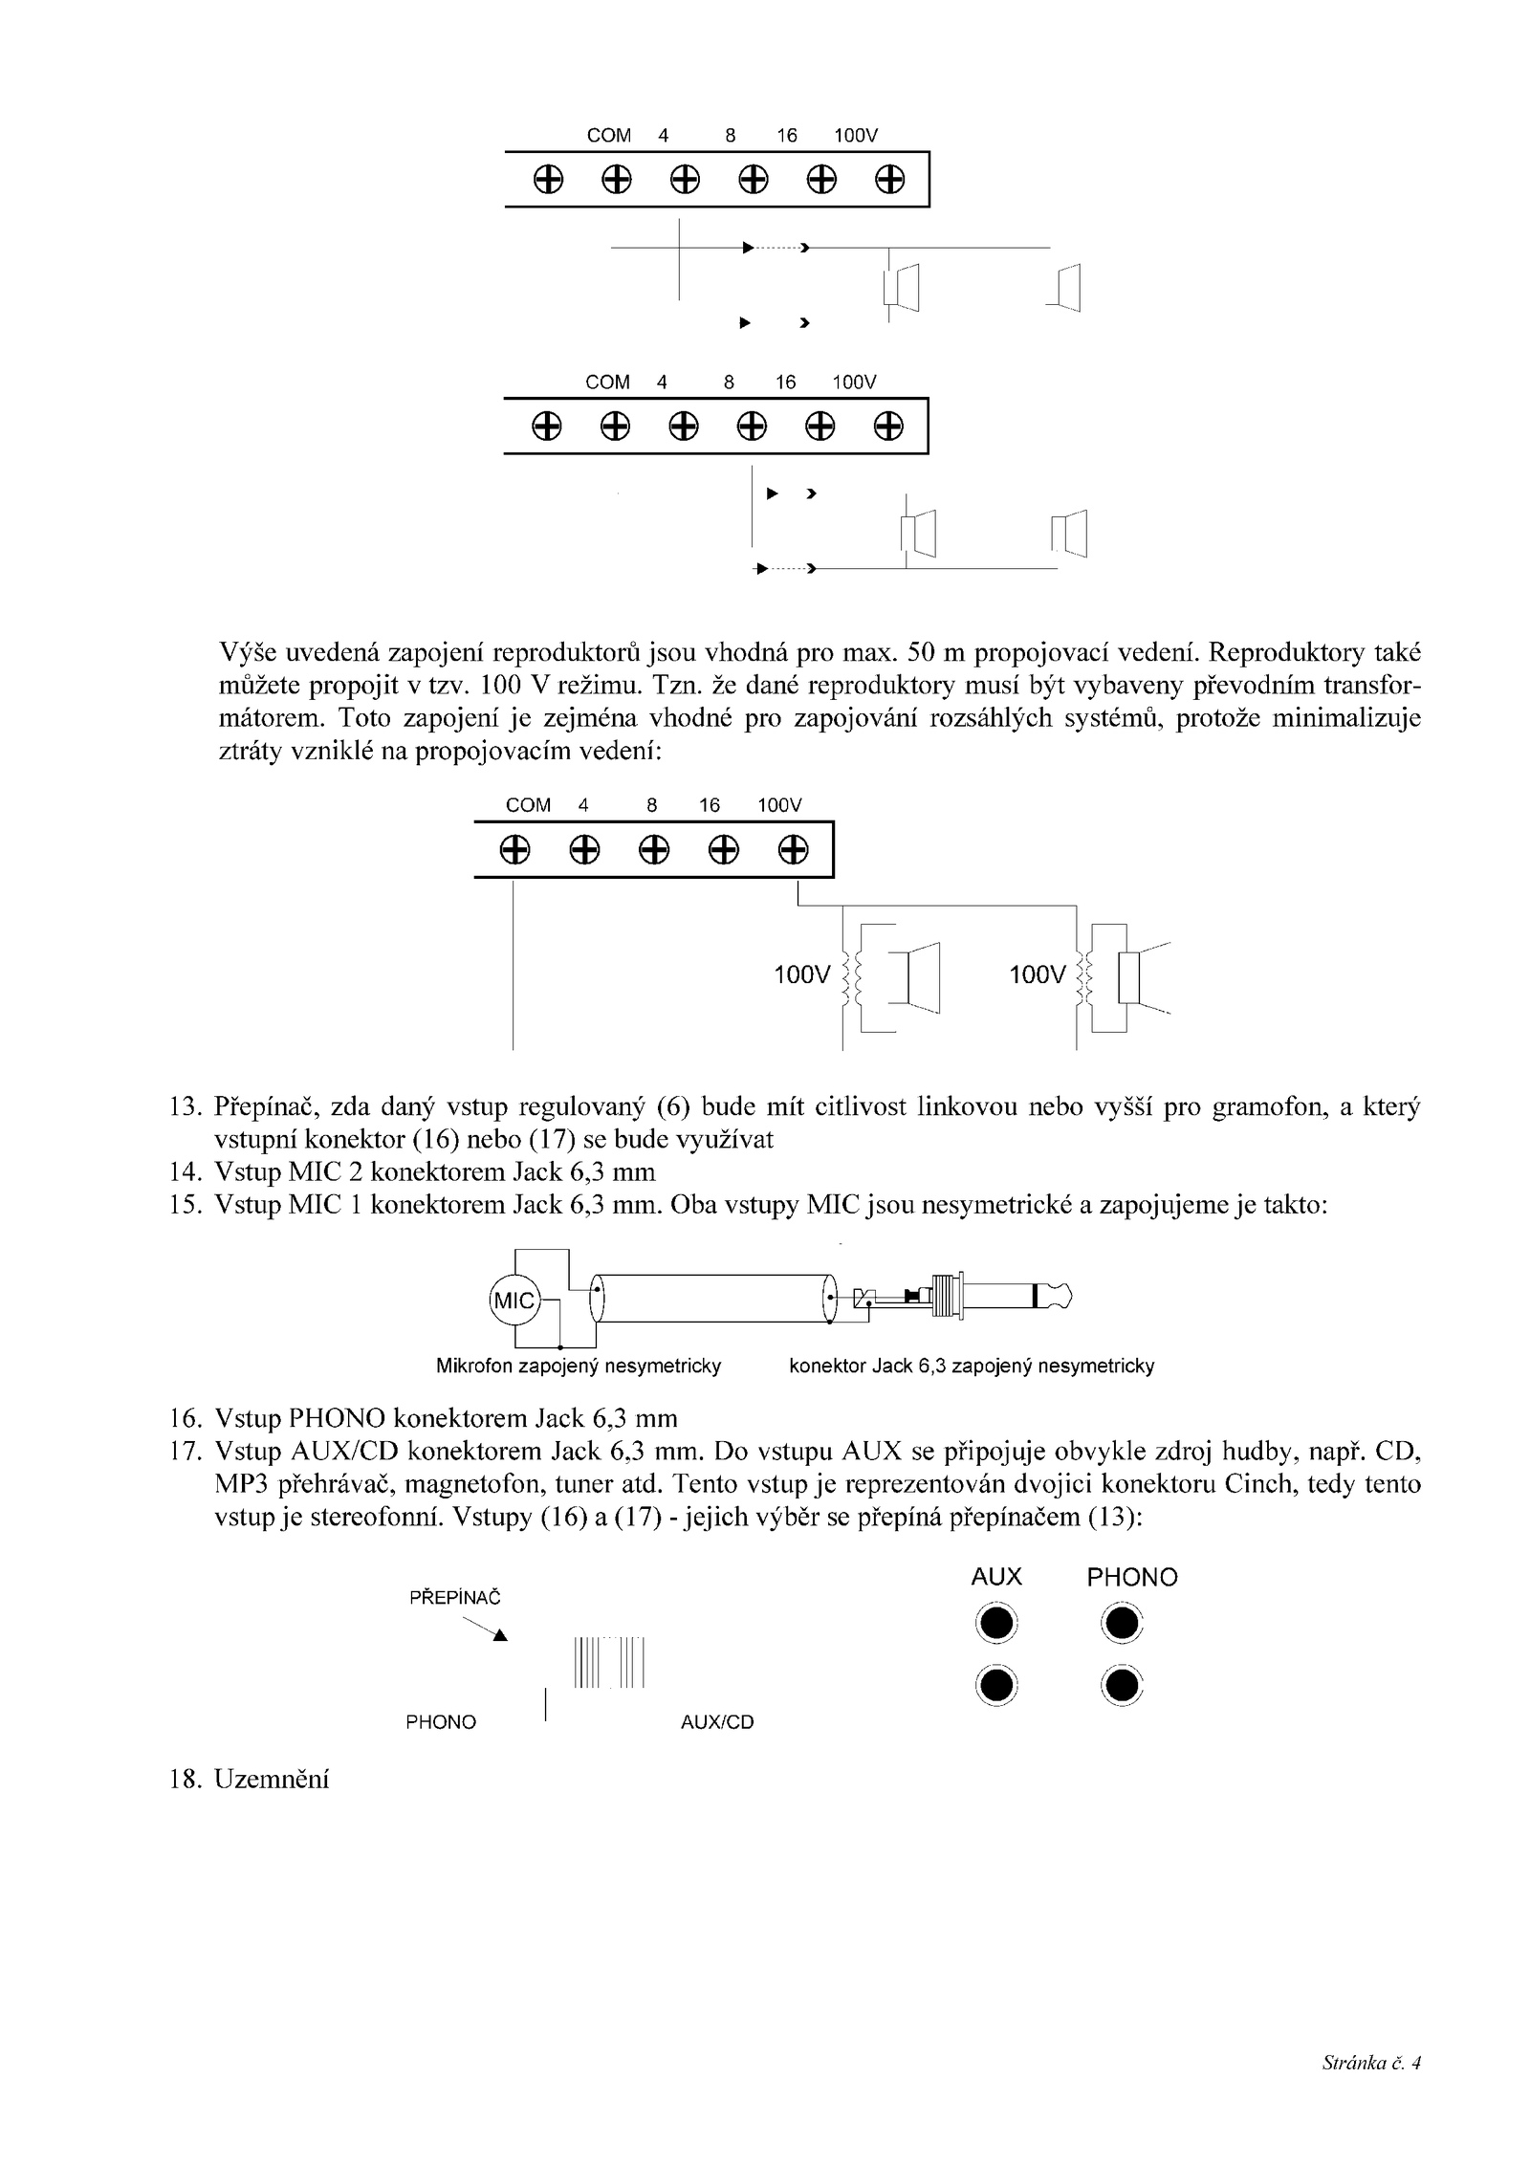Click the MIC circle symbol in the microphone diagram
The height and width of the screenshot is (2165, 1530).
(514, 1301)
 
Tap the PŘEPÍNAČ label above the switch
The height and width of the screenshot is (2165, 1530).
(455, 1598)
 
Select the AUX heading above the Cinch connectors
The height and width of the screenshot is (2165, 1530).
(996, 1577)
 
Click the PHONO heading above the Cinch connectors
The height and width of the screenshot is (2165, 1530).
(1132, 1578)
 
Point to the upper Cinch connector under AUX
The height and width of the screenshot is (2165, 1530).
(995, 1624)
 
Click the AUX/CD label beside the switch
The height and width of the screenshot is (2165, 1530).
(717, 1722)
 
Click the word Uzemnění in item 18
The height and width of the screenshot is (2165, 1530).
(272, 1779)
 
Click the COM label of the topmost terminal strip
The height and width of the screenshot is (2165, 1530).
(609, 136)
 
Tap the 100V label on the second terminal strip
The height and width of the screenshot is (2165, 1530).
(854, 383)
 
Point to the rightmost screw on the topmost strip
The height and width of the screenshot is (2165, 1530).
(890, 180)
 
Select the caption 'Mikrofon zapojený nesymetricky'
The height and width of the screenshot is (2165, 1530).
(579, 1367)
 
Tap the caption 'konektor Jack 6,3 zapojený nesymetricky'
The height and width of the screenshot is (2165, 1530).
(972, 1367)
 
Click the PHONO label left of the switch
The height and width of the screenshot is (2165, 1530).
(441, 1722)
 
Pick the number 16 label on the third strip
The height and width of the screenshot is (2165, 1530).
(710, 805)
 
